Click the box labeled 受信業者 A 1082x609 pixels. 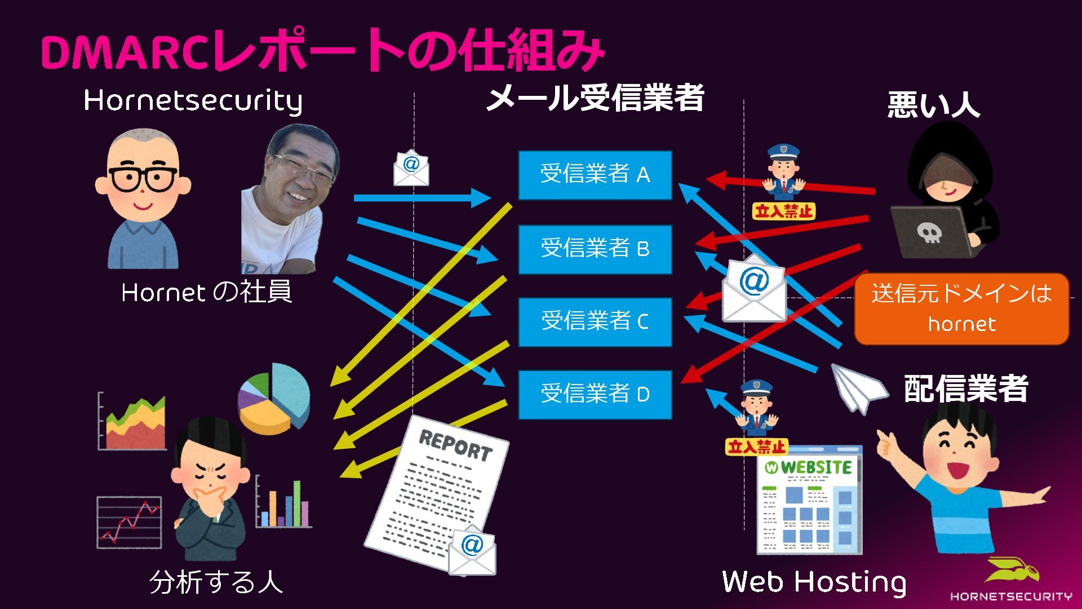click(595, 175)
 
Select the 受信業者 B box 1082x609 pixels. click(595, 249)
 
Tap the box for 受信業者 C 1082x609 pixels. click(595, 321)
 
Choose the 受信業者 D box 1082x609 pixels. click(595, 394)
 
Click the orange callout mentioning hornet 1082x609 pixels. click(961, 308)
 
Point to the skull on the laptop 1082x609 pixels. click(928, 232)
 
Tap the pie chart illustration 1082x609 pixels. click(274, 398)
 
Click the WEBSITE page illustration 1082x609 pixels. click(809, 499)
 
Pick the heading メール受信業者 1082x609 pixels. click(595, 99)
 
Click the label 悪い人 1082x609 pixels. click(933, 105)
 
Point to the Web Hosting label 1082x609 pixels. click(814, 582)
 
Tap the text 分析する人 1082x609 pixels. click(216, 582)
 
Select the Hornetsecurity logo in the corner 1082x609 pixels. click(1011, 581)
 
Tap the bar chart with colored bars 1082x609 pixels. click(284, 503)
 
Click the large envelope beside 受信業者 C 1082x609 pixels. click(754, 289)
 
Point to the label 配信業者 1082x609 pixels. click(966, 389)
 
